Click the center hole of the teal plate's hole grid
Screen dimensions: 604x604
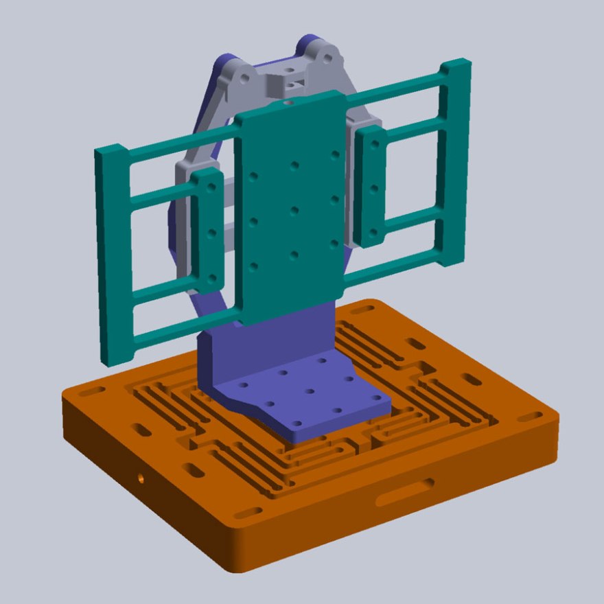[x=294, y=210]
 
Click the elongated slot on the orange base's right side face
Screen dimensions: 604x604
[x=405, y=491]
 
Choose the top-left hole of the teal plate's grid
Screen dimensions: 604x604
[x=253, y=176]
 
